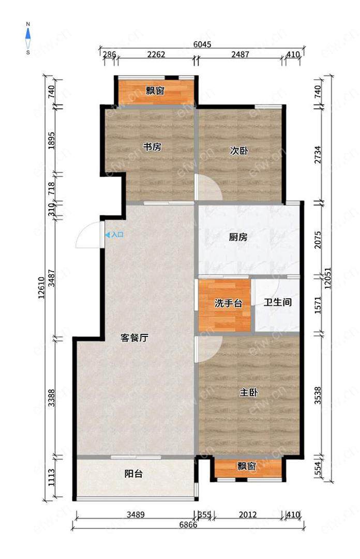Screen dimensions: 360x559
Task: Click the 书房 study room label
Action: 152,147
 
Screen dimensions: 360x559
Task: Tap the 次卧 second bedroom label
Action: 239,151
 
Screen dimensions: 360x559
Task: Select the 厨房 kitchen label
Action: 238,237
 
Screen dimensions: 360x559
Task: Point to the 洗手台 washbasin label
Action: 229,303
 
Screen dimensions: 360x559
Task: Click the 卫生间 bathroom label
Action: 278,302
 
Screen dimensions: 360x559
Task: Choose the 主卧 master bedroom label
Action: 248,392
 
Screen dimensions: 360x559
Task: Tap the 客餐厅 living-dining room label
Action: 134,337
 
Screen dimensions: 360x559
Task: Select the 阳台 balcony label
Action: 133,474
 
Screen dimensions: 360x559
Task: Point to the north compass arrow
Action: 28,34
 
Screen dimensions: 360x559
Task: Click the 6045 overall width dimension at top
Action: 202,44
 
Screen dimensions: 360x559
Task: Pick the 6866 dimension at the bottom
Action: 188,525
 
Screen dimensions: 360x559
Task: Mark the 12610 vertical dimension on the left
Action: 42,287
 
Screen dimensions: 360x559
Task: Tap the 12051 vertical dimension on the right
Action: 328,278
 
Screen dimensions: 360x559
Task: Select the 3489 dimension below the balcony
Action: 136,514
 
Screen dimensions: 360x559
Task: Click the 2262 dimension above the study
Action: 156,54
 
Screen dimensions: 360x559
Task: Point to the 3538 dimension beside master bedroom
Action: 318,395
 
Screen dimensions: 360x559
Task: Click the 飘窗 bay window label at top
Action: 155,91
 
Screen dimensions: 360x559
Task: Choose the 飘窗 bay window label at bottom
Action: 247,466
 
